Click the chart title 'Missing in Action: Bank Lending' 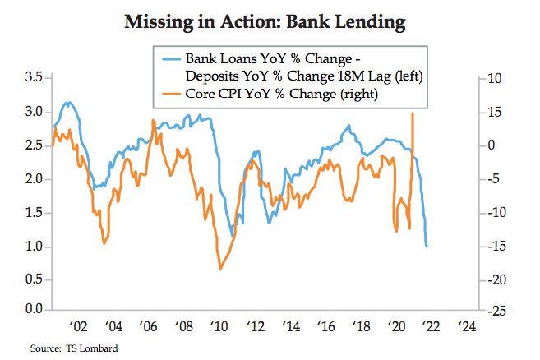[x=265, y=22]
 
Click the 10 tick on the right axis [x=495, y=78]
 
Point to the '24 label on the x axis [x=467, y=323]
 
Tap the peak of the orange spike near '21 [x=412, y=113]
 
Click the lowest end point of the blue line [x=427, y=247]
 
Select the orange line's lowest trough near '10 [x=220, y=269]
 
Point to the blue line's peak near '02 [x=69, y=103]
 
